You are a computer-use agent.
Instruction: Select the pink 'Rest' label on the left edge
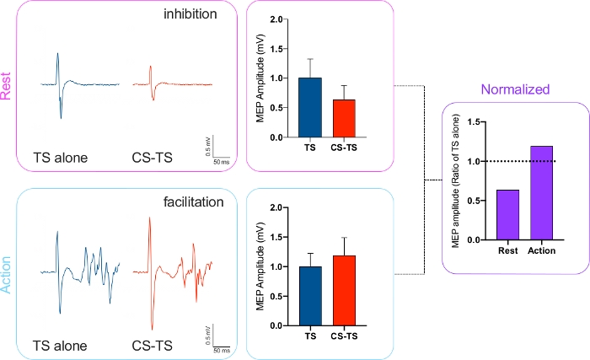(7, 83)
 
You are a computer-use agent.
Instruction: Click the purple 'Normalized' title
(515, 89)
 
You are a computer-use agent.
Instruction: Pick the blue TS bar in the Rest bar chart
(311, 107)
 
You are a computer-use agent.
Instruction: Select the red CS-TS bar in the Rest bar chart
(344, 118)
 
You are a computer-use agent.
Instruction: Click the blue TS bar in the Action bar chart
(311, 296)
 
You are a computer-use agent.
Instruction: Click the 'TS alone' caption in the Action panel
(60, 344)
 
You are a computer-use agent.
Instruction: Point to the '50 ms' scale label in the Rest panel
(222, 160)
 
